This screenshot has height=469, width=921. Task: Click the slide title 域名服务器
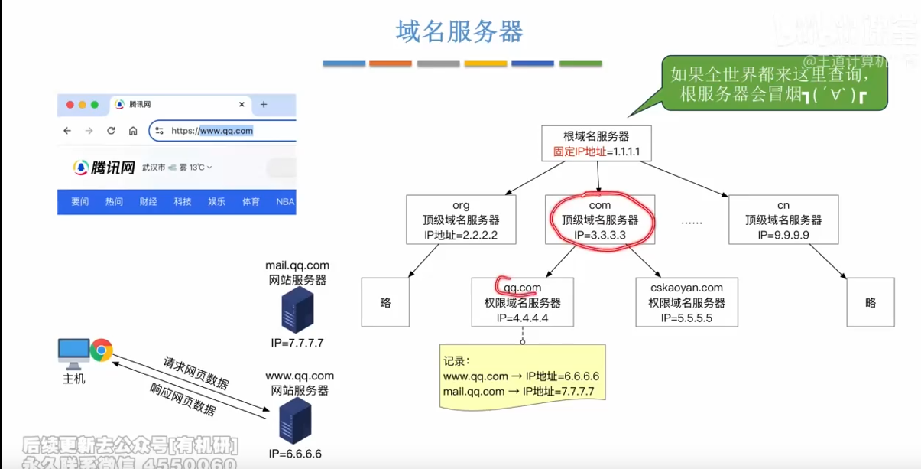point(459,32)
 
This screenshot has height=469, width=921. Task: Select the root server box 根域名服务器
point(596,144)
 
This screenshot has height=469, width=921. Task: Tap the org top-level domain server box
point(461,220)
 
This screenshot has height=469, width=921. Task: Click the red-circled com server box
point(600,220)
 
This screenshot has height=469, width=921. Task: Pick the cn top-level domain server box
point(783,220)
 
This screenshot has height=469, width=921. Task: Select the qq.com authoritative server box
point(523,303)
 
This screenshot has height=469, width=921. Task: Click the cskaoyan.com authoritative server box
point(686,303)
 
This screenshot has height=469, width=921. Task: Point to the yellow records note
point(523,376)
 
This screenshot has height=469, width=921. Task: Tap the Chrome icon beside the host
point(101,351)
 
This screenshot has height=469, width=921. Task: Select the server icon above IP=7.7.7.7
point(297,309)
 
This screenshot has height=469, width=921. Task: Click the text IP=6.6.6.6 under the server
point(295,454)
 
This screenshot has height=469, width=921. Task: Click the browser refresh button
point(111,131)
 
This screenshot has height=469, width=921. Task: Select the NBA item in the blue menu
point(285,202)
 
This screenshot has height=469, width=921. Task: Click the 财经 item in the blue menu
point(148,202)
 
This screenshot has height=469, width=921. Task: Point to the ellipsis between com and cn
point(691,222)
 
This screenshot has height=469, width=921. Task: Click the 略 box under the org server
point(385,303)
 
